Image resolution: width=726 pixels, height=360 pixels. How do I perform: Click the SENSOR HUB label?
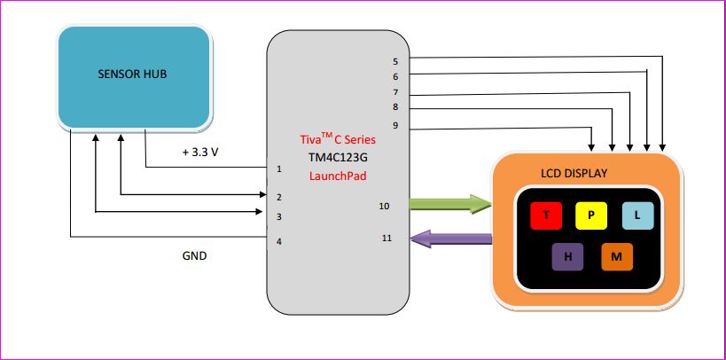(132, 74)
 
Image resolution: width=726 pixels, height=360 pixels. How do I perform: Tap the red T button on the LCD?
(546, 215)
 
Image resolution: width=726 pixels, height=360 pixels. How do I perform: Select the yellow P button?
(591, 215)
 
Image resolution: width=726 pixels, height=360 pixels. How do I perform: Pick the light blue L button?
(636, 215)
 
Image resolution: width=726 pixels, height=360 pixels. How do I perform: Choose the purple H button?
(568, 257)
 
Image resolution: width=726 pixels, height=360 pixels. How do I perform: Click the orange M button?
(617, 257)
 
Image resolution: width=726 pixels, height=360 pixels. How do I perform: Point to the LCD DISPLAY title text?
(574, 173)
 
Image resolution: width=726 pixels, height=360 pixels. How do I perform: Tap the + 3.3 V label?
(200, 153)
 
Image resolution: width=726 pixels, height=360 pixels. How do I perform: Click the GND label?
(194, 255)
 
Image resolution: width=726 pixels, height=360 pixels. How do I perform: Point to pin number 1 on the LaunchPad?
(279, 168)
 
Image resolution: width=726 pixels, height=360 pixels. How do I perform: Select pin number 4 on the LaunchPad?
(279, 241)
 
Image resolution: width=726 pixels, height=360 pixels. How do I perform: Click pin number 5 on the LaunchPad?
(395, 61)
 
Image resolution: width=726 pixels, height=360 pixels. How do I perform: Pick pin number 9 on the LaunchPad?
(395, 126)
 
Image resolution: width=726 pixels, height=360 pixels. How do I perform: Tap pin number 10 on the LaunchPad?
(384, 206)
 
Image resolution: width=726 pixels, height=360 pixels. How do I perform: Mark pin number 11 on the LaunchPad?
(386, 239)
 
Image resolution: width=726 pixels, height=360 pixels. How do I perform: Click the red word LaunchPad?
(336, 176)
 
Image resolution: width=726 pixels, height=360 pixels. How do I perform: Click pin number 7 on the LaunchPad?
(395, 92)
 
